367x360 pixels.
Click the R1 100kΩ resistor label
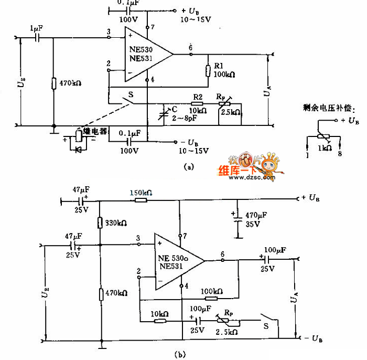221,71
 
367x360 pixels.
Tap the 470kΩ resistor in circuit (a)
54,83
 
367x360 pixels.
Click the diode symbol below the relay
79,149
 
